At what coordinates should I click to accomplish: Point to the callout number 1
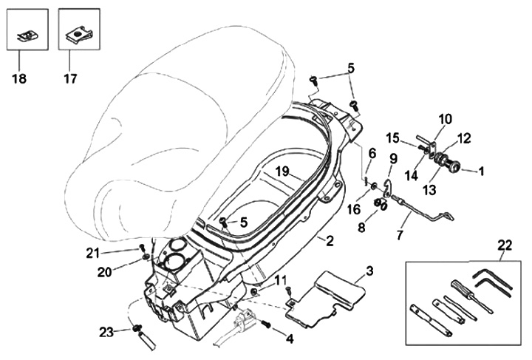tap(481, 171)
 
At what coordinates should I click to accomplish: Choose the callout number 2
tap(330, 240)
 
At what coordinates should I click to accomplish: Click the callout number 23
tap(106, 332)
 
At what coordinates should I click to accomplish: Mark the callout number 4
tap(289, 339)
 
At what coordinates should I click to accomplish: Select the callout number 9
tap(393, 157)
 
